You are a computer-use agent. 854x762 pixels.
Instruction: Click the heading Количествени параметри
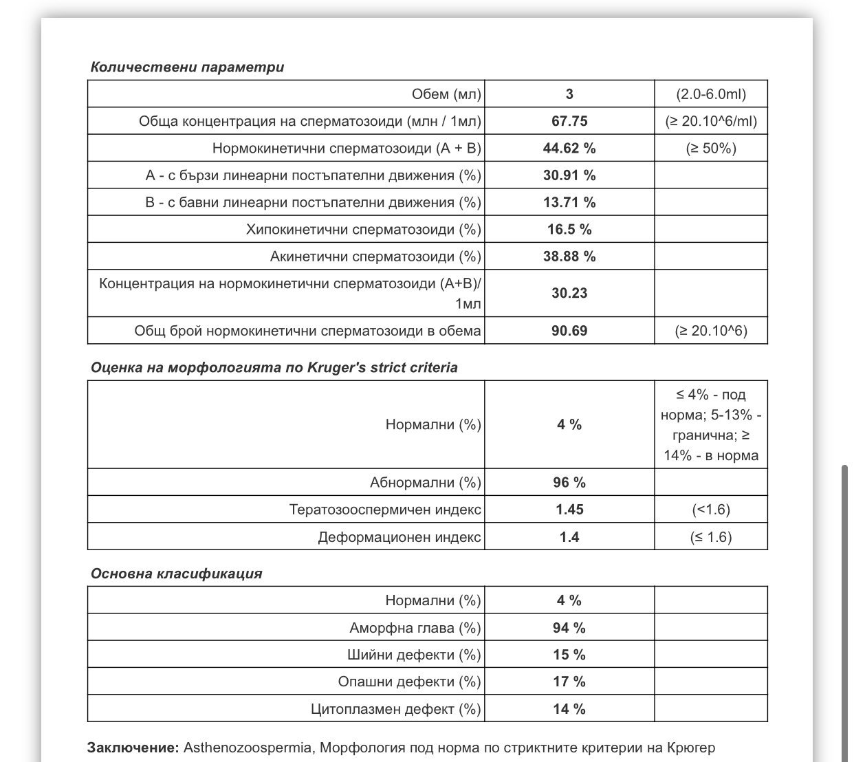187,67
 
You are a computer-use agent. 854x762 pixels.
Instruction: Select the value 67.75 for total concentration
569,121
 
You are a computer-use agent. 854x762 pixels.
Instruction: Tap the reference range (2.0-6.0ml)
711,94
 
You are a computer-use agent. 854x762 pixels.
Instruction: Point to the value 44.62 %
569,149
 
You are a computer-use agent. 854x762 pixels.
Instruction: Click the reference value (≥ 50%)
711,149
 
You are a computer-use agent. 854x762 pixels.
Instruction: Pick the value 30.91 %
569,175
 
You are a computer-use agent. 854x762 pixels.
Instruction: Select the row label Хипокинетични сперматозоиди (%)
364,230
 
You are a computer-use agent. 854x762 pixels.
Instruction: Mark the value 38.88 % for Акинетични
569,257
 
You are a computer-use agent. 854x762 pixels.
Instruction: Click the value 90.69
569,331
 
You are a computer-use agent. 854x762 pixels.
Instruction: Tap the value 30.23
569,293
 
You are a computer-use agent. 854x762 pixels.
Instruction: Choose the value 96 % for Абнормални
569,483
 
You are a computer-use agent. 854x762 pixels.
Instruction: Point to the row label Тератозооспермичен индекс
385,510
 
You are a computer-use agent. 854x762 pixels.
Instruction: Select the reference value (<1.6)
711,510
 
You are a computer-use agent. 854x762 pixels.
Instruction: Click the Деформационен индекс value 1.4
569,537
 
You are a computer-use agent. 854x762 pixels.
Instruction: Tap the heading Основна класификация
176,574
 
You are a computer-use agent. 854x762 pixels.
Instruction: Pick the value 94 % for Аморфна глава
569,628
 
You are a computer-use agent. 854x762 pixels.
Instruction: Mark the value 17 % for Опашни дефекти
569,682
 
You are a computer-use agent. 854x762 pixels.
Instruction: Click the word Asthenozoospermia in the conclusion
248,748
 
